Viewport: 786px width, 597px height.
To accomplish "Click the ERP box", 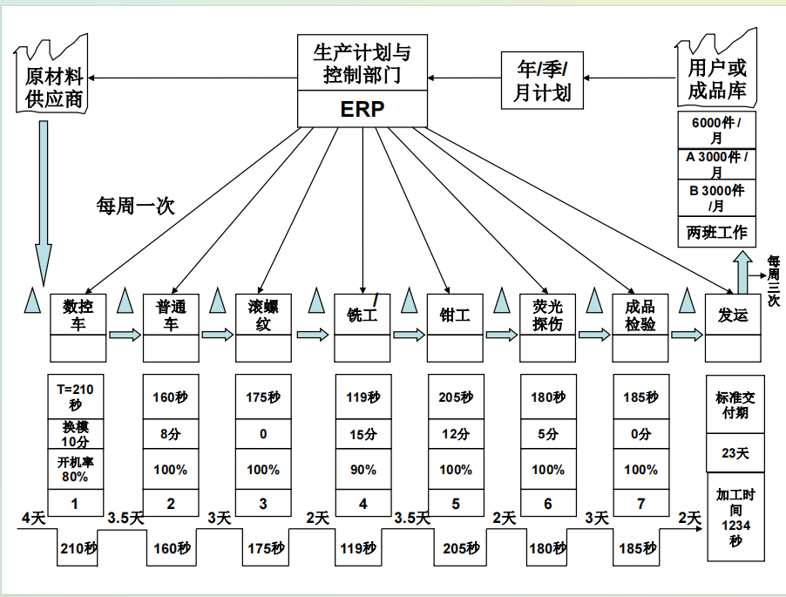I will tap(362, 109).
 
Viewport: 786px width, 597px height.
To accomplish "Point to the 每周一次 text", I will tap(135, 206).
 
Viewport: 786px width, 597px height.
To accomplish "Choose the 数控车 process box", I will tap(78, 315).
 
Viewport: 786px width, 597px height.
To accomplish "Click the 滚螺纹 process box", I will tap(263, 315).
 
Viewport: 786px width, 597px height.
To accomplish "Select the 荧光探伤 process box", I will tap(547, 315).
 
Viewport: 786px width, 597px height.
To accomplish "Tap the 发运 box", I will tap(732, 315).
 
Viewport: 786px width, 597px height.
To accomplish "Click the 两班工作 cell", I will tap(716, 233).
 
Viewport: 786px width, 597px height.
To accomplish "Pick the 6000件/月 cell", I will tap(716, 131).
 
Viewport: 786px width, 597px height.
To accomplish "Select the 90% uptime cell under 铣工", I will tap(363, 470).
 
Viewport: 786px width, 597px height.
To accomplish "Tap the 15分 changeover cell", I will tap(363, 434).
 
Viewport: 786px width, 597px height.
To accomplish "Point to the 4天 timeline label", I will tap(33, 519).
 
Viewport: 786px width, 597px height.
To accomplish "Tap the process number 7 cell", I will tap(640, 504).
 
